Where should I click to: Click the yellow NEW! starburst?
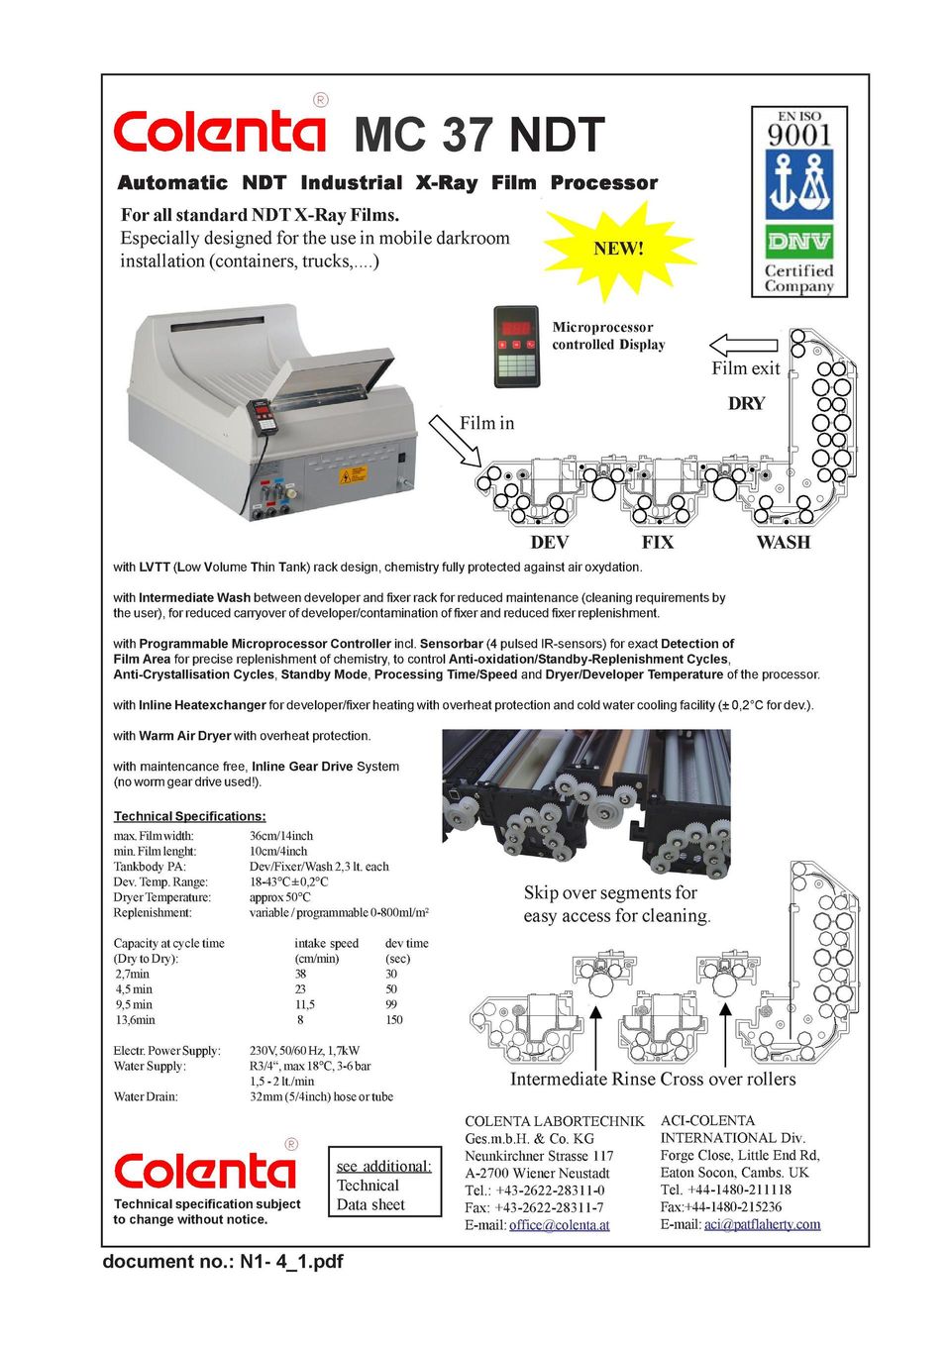click(x=618, y=249)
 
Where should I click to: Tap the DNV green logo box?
click(x=798, y=241)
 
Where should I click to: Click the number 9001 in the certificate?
click(x=799, y=134)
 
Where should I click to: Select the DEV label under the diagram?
click(x=550, y=542)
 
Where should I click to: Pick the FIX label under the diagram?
click(x=658, y=542)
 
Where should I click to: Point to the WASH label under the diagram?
click(x=783, y=542)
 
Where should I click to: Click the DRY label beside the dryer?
click(x=746, y=403)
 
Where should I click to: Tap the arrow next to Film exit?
click(x=744, y=345)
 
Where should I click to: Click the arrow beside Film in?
click(x=454, y=440)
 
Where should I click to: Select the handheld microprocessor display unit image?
click(x=516, y=346)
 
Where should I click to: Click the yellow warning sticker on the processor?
click(x=353, y=474)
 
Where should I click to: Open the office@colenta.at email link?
click(x=559, y=1225)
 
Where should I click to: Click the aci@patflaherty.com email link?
click(x=762, y=1224)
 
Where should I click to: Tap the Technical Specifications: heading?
click(x=189, y=816)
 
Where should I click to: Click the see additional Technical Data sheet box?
click(x=383, y=1185)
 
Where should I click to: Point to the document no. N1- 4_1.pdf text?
click(x=223, y=1261)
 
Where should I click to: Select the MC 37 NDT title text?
click(x=478, y=135)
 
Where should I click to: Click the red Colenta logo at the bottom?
click(x=204, y=1171)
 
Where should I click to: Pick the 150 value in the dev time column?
click(x=394, y=1019)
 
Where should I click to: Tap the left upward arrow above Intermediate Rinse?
click(x=596, y=1034)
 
